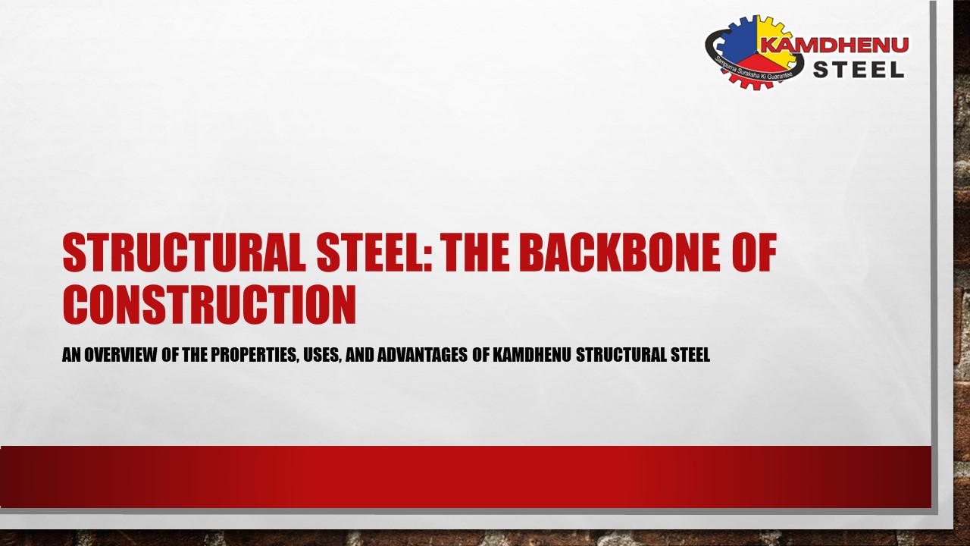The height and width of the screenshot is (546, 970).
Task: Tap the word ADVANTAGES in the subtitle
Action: click(420, 355)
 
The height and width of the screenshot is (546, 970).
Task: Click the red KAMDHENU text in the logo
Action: click(834, 45)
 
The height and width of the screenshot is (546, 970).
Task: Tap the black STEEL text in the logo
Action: click(859, 70)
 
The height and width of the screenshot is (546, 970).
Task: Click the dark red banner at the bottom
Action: click(465, 476)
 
